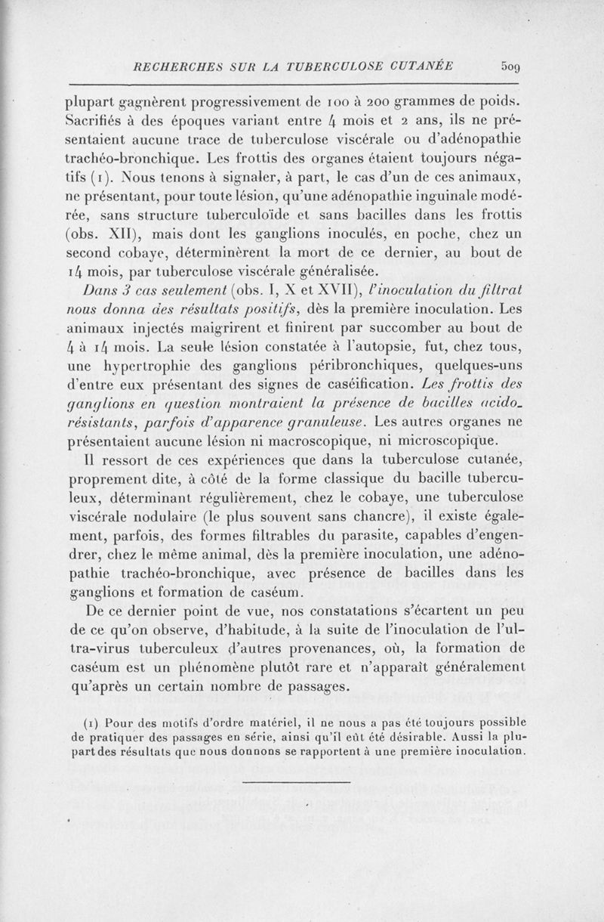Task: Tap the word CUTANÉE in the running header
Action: pos(418,66)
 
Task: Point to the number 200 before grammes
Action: pos(396,102)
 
